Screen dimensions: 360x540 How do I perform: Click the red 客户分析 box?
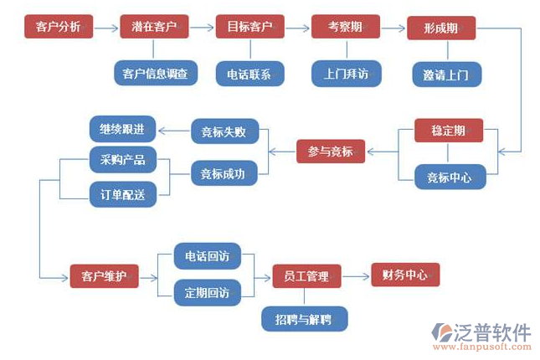tap(59, 27)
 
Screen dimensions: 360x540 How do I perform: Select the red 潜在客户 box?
tap(154, 27)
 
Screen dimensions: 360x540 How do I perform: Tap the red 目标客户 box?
tap(250, 27)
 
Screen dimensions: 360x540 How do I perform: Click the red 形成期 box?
tap(441, 28)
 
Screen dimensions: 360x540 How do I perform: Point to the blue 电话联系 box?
tap(249, 73)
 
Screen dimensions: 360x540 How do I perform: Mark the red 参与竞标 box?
tap(331, 152)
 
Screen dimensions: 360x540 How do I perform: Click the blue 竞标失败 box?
tap(224, 131)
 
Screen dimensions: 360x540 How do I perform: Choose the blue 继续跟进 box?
tap(122, 130)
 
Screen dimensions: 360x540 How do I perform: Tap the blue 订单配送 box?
tap(122, 195)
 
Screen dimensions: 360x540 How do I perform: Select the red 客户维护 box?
tap(104, 275)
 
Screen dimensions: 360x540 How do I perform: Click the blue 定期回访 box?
tap(208, 292)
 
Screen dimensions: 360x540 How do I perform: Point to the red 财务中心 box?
tap(405, 275)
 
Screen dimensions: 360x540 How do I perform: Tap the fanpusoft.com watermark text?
tap(481, 343)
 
